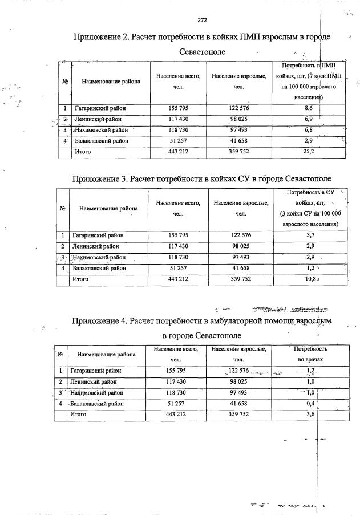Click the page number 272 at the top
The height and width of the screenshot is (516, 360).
202,20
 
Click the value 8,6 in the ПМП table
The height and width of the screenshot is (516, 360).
308,108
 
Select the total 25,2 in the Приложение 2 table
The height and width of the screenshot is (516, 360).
308,152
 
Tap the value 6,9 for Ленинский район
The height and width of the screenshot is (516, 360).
308,119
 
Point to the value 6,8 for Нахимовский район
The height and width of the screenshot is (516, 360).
308,129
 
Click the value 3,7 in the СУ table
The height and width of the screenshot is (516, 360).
310,235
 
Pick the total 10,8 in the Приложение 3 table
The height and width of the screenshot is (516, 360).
310,279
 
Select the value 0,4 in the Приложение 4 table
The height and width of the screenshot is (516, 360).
311,404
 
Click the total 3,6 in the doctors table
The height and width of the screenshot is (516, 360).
311,415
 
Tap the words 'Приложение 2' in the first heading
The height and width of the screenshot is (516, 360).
101,37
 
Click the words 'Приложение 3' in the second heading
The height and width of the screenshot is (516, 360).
99,178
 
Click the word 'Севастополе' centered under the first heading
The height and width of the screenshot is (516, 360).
202,52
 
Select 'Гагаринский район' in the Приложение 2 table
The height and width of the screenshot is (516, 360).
100,108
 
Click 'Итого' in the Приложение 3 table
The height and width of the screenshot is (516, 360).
81,279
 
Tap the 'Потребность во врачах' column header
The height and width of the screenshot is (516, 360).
310,354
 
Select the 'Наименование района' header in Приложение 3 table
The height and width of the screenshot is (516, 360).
108,209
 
